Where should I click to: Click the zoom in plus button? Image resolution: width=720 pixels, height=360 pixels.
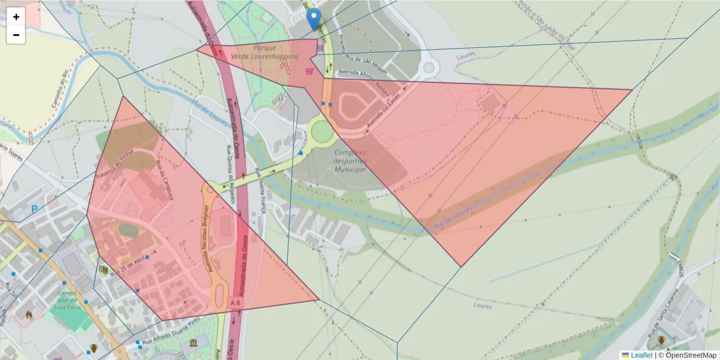(16, 17)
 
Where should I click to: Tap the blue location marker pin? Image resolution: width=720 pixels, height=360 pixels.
(313, 19)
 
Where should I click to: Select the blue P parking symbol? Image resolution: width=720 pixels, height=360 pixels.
(35, 209)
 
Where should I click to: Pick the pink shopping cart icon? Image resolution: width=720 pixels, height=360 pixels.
(309, 71)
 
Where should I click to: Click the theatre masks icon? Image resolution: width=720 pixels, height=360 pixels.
(104, 270)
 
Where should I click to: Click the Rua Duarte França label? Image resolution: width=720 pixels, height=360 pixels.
(260, 190)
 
